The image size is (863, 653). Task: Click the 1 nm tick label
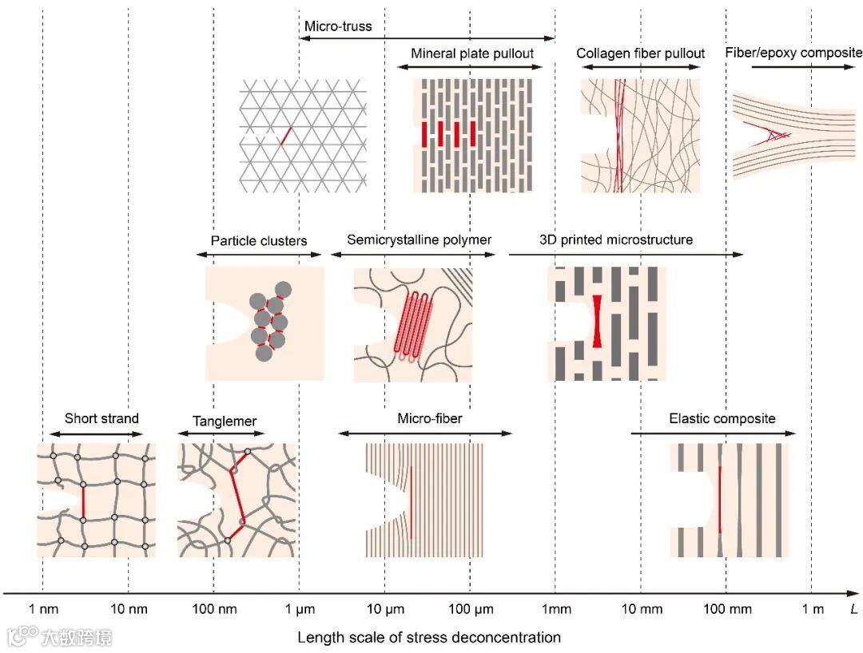(x=43, y=610)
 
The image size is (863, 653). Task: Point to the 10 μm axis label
(x=384, y=610)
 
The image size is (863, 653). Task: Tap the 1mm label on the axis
(x=555, y=610)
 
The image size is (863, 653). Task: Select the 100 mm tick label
(x=726, y=610)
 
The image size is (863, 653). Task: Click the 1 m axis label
(x=813, y=610)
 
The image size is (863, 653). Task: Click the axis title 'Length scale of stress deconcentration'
(x=429, y=637)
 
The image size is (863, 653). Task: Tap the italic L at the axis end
(x=853, y=610)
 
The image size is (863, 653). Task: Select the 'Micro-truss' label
(x=338, y=26)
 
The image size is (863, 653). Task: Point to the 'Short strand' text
(x=101, y=418)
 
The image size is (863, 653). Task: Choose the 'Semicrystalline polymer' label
(x=419, y=239)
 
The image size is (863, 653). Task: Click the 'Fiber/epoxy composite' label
(x=793, y=53)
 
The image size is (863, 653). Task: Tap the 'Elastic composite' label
(x=722, y=418)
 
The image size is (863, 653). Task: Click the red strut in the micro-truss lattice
(x=284, y=136)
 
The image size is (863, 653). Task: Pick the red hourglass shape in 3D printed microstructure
(x=596, y=320)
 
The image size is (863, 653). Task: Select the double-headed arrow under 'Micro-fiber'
(x=425, y=433)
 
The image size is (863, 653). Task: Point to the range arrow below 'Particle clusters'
(x=259, y=255)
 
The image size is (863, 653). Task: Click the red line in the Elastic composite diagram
(x=720, y=499)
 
